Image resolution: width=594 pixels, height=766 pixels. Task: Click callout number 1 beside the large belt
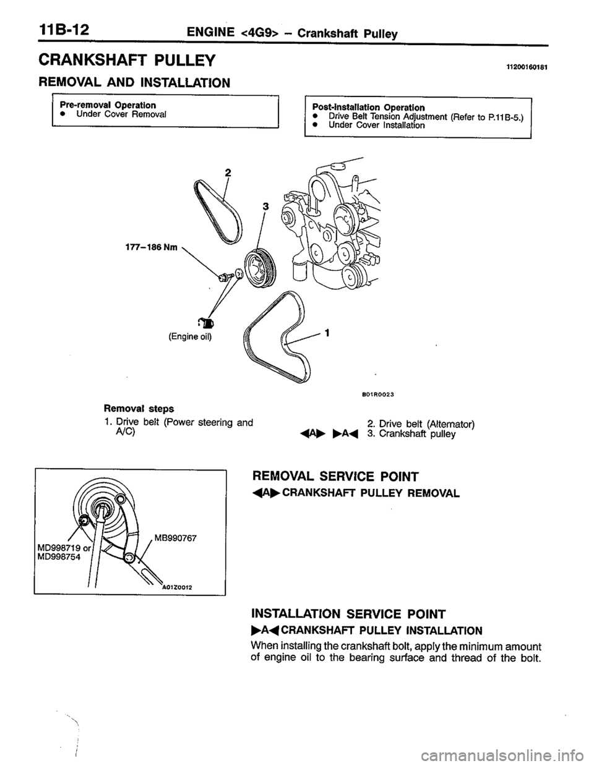coord(326,332)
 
